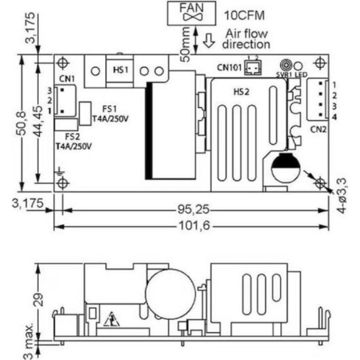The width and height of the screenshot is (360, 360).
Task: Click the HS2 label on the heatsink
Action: [240, 91]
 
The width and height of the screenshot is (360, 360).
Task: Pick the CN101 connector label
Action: [230, 67]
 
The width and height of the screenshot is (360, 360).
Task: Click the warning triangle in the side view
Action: [111, 317]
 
